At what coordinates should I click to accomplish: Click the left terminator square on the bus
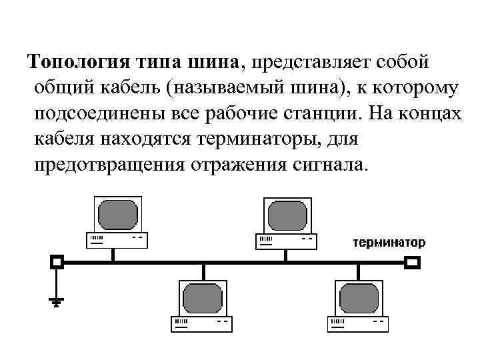[x=57, y=262]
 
